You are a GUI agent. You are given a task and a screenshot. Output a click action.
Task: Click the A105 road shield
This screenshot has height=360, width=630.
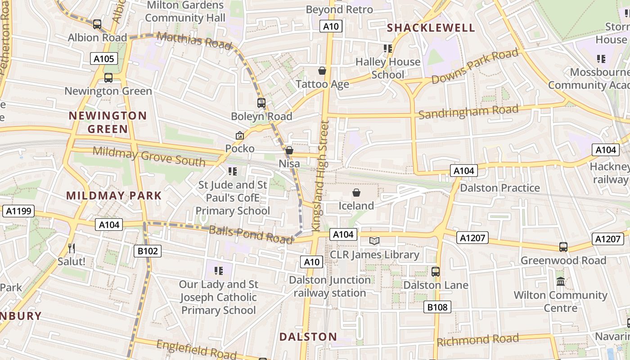[x=103, y=58]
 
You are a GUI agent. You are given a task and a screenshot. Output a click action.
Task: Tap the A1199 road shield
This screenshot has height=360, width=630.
[x=18, y=211]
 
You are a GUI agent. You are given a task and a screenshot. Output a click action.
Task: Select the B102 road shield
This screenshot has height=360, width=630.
[x=148, y=251]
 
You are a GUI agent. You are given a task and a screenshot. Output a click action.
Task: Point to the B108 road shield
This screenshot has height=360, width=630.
[x=437, y=307]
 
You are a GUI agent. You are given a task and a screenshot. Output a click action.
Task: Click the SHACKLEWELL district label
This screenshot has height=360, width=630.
[x=431, y=28]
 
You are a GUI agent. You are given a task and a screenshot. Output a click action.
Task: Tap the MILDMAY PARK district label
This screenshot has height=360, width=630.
[x=114, y=196]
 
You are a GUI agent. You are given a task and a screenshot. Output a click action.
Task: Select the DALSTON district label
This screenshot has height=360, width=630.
[x=308, y=337]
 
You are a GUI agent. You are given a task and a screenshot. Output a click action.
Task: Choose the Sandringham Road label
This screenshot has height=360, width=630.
[x=468, y=111]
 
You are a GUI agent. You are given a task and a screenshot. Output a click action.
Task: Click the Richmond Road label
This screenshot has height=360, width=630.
[x=477, y=340]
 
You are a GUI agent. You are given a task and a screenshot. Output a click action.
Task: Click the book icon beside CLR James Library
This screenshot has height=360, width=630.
[x=374, y=241]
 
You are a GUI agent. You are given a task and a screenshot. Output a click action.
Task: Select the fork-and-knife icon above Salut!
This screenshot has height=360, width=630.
[x=72, y=248]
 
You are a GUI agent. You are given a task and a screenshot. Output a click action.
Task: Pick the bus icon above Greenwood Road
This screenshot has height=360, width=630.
[x=563, y=247]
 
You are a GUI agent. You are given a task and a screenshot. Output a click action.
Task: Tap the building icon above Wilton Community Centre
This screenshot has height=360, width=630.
[x=561, y=282]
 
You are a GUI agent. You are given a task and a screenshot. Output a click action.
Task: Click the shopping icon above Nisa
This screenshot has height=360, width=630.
[x=289, y=150]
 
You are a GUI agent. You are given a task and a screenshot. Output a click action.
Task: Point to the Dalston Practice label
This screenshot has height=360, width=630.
[x=500, y=188]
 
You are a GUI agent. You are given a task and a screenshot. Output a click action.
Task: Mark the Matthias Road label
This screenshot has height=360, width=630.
[x=194, y=41]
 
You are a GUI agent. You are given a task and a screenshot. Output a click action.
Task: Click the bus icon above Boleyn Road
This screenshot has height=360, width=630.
[x=261, y=103]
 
